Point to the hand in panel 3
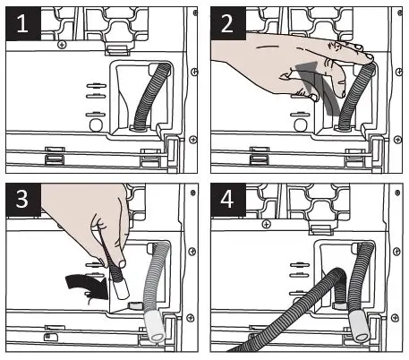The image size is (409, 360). [x=89, y=224]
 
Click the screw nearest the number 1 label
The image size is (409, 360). [x=61, y=44]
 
